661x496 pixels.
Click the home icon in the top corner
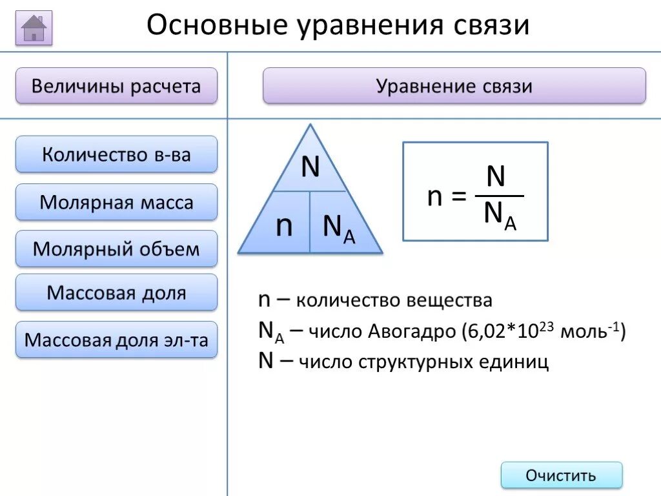coord(34,28)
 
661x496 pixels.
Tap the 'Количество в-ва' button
coord(116,154)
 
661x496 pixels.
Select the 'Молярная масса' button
coord(116,202)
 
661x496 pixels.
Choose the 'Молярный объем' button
coord(116,249)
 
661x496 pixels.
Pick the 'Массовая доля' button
coord(116,293)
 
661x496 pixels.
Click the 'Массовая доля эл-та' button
coord(116,340)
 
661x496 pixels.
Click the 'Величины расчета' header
coord(116,86)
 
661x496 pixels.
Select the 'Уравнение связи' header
coord(454,86)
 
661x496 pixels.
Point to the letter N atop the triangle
coord(310,168)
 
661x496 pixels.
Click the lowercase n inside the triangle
coord(284,226)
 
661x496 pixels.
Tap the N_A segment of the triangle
coord(339,227)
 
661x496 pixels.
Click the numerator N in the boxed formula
coord(496,177)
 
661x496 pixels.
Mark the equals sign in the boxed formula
coord(458,197)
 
